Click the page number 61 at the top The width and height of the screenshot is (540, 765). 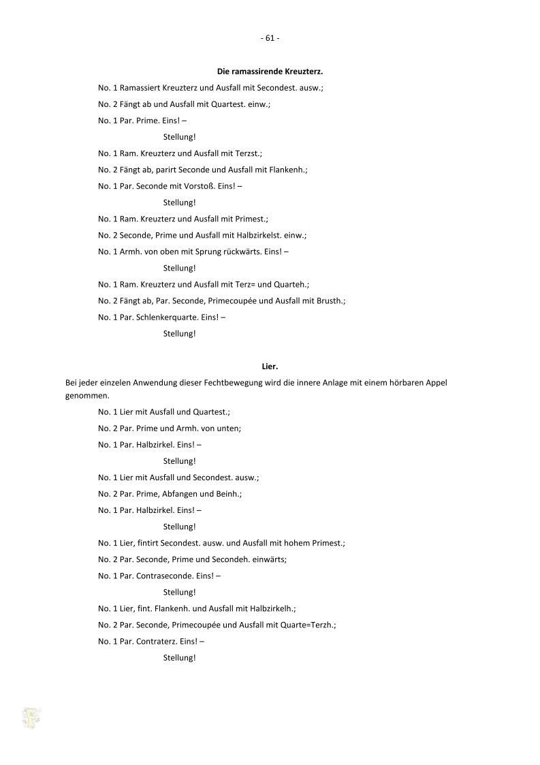point(270,38)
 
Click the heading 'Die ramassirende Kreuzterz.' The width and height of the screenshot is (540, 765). point(270,71)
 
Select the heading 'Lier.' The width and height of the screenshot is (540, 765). point(270,366)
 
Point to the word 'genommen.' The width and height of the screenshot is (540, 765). point(87,395)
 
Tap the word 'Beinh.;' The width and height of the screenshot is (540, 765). point(229,494)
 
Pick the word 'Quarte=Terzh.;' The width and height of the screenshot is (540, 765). point(310,625)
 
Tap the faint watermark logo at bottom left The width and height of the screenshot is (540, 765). point(31,717)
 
